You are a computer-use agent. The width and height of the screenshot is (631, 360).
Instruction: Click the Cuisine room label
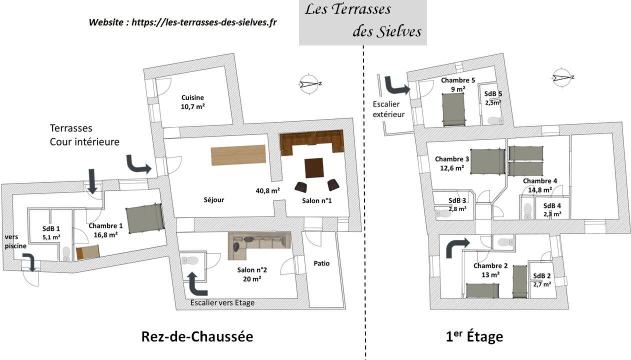pyautogui.click(x=192, y=97)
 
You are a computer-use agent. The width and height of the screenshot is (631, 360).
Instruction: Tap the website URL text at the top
pyautogui.click(x=204, y=22)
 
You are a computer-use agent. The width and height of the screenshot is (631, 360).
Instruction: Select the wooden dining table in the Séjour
pyautogui.click(x=238, y=155)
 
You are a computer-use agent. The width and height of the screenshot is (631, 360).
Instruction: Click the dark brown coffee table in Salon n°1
pyautogui.click(x=314, y=168)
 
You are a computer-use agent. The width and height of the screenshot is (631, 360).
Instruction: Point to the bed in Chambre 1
pyautogui.click(x=145, y=218)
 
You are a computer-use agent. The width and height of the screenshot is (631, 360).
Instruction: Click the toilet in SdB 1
pyautogui.click(x=66, y=254)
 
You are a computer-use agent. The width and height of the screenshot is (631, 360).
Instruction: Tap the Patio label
pyautogui.click(x=321, y=263)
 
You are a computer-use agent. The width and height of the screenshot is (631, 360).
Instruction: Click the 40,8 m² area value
pyautogui.click(x=267, y=190)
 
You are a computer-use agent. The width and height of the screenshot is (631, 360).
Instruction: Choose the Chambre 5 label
pyautogui.click(x=458, y=80)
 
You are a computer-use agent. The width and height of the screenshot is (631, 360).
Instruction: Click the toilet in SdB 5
pyautogui.click(x=495, y=120)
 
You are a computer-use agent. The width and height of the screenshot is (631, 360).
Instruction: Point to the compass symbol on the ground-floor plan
pyautogui.click(x=310, y=83)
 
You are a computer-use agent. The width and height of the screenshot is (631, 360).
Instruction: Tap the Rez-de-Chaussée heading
pyautogui.click(x=197, y=337)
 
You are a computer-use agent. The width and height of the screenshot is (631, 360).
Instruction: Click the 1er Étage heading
pyautogui.click(x=474, y=336)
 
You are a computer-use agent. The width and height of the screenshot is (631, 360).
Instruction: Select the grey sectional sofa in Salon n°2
pyautogui.click(x=259, y=245)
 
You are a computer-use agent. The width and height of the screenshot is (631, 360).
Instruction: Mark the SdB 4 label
pyautogui.click(x=552, y=205)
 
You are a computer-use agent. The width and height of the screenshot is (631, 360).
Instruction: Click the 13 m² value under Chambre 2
pyautogui.click(x=490, y=274)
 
